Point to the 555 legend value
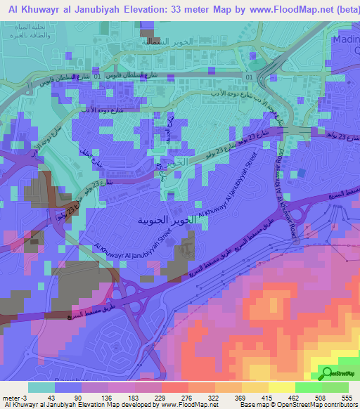347,397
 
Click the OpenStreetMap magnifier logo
327,372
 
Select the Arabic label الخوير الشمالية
184,42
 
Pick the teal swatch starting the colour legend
41,387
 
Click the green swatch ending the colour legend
335,387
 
